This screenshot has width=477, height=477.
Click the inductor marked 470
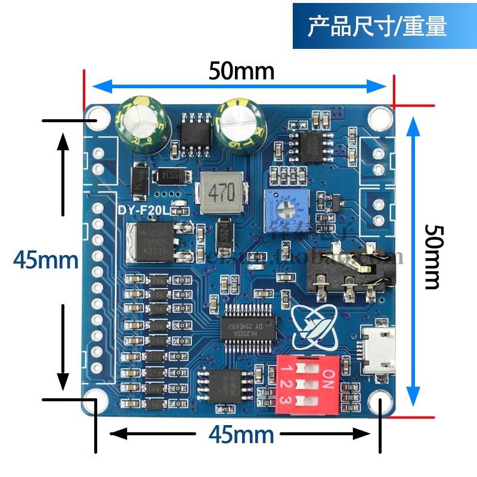[x=221, y=193]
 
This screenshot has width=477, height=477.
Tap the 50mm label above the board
[x=241, y=72]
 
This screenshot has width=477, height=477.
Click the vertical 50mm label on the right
[x=433, y=256]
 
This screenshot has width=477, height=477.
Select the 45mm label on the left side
[x=46, y=259]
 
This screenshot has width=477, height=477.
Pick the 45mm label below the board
[x=241, y=434]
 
